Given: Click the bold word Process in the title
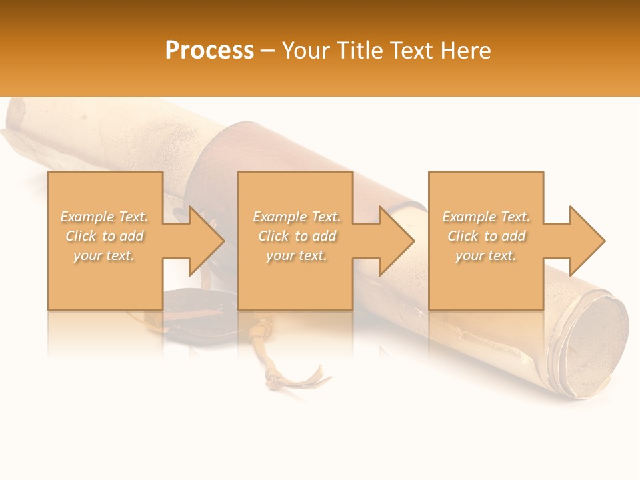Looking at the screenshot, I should [209, 51].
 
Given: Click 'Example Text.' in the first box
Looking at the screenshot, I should [104, 217].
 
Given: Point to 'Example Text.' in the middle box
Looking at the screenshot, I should [297, 217].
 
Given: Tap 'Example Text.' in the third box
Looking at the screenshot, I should [486, 217].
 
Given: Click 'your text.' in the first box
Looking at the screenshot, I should [104, 255].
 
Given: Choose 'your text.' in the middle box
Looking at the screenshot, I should [297, 255].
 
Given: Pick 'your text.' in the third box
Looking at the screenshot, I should [486, 255].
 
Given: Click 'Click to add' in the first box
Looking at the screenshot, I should [104, 236].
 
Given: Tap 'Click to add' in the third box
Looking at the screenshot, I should [486, 236].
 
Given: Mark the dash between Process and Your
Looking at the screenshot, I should [268, 51].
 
